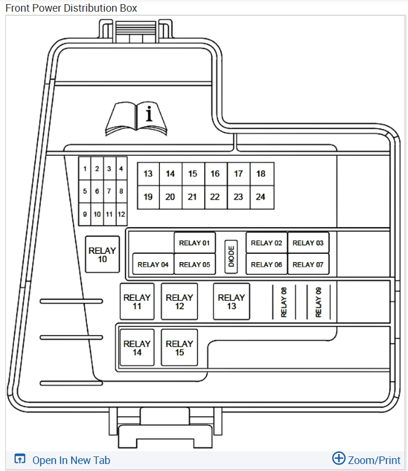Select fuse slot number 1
(85, 169)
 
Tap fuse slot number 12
(121, 214)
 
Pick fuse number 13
(148, 173)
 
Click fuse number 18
(261, 173)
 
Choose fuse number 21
(193, 197)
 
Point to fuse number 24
(261, 197)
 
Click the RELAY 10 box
(102, 254)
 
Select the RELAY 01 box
(194, 243)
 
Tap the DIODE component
(231, 256)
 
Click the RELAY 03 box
(308, 243)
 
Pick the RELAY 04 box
(153, 264)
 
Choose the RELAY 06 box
(266, 264)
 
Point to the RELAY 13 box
(231, 301)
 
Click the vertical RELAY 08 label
(284, 302)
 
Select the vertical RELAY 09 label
(319, 302)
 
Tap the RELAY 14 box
(137, 348)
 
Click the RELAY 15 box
(179, 348)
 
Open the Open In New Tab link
(71, 460)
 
